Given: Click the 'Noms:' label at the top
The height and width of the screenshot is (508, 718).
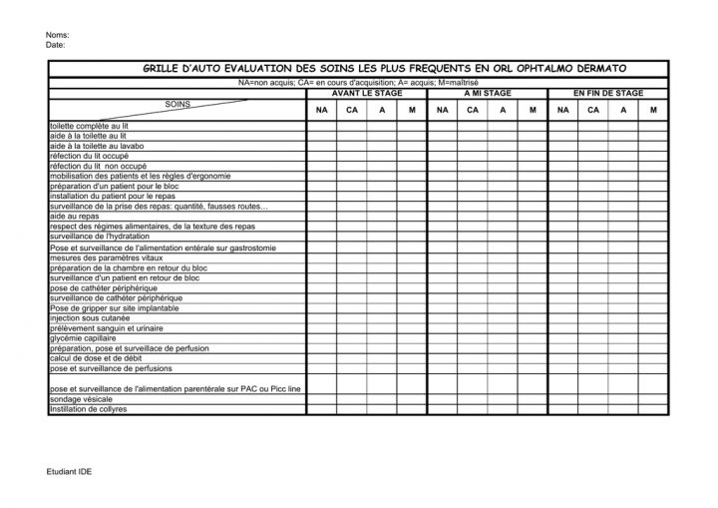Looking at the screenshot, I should click(57, 36).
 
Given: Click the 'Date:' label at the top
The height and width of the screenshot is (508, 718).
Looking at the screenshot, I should click(56, 45).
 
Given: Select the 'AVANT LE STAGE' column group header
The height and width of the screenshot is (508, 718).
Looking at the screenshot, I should click(366, 92).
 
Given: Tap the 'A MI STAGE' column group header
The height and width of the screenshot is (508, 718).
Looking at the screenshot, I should click(488, 92).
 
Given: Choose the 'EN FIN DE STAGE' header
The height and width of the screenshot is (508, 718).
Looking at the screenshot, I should click(607, 92).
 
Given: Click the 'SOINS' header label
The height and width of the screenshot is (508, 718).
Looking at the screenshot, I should click(177, 103).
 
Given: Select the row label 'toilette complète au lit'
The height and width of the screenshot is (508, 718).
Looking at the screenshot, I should click(89, 127).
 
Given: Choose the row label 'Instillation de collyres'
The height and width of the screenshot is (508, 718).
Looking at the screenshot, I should click(88, 409).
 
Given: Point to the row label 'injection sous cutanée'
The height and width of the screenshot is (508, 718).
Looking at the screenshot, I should click(89, 317).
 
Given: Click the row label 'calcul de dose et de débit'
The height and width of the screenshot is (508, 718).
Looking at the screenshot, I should click(95, 358).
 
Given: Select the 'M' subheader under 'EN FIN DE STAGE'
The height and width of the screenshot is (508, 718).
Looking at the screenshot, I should click(653, 110).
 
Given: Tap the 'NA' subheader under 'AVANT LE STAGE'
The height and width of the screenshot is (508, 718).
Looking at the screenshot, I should click(321, 110).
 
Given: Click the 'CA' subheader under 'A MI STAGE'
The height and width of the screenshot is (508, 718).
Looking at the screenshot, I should click(472, 110).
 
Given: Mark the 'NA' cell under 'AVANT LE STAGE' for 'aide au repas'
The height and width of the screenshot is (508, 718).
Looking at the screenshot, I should click(321, 216).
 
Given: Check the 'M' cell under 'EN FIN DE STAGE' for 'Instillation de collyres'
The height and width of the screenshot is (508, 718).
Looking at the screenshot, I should click(653, 409).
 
